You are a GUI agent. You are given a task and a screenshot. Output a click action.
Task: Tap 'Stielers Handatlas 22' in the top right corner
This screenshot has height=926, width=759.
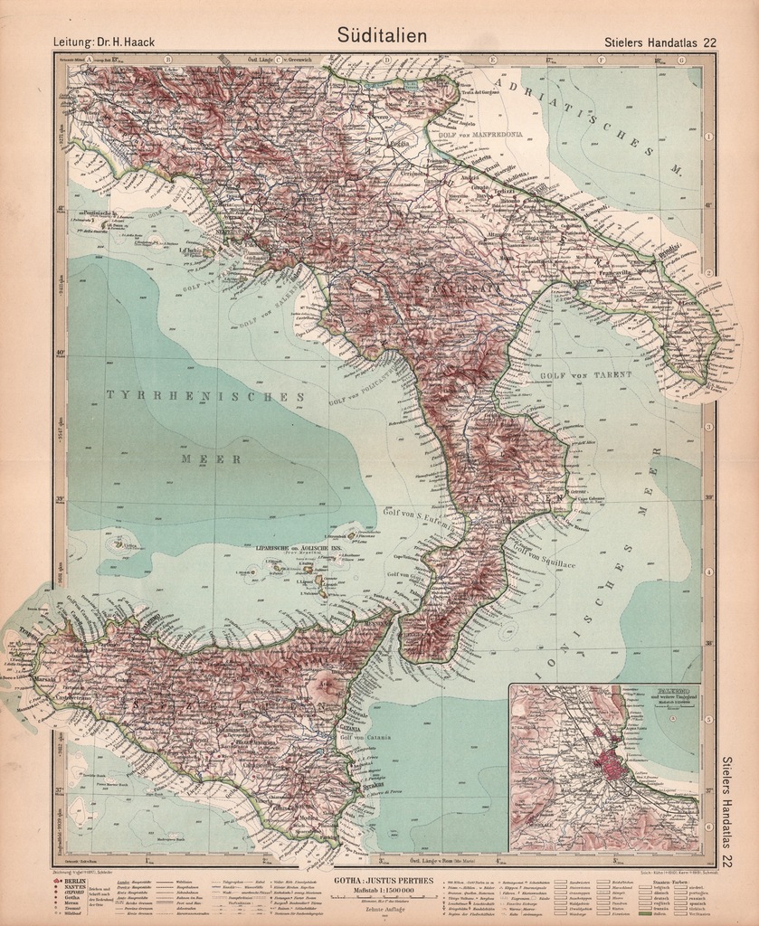[x=659, y=42]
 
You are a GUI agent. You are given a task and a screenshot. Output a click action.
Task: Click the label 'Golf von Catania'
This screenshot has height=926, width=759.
[x=370, y=738]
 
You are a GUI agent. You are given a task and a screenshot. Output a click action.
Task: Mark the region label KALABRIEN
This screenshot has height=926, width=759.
[x=489, y=498]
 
